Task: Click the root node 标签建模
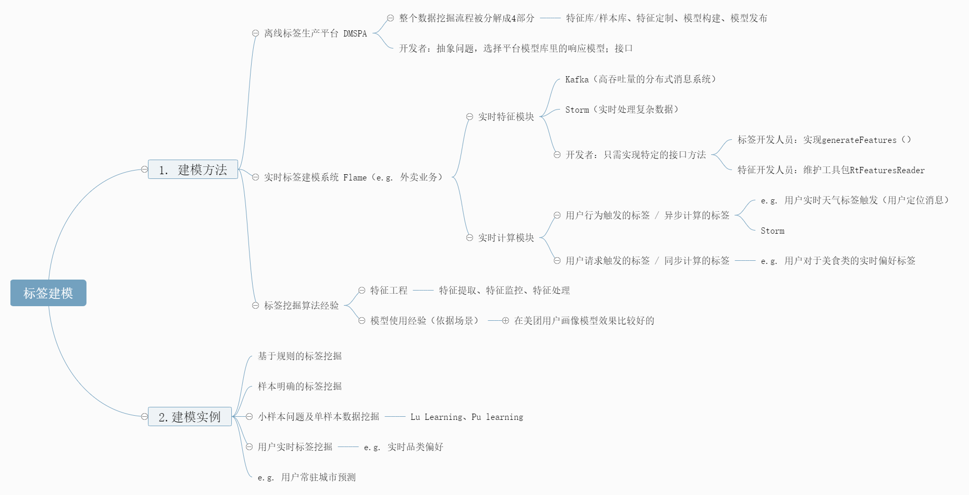[x=48, y=293]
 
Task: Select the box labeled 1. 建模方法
[x=193, y=170]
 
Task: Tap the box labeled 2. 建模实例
[x=190, y=417]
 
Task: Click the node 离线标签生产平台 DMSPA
[x=315, y=33]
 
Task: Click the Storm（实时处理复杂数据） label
[x=622, y=110]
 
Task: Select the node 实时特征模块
[x=506, y=117]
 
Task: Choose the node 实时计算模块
[x=506, y=238]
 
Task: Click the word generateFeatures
[x=859, y=140]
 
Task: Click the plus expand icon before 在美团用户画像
[x=505, y=321]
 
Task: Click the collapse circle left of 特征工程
[x=362, y=291]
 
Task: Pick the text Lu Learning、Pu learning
[x=466, y=417]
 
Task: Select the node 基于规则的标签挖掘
[x=300, y=356]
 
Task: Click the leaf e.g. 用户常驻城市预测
[x=306, y=477]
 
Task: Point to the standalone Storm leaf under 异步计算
[x=772, y=231]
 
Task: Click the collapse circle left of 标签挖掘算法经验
[x=255, y=306]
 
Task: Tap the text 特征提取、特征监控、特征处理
[x=504, y=291]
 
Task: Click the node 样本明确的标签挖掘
[x=300, y=387]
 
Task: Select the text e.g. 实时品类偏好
[x=403, y=447]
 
